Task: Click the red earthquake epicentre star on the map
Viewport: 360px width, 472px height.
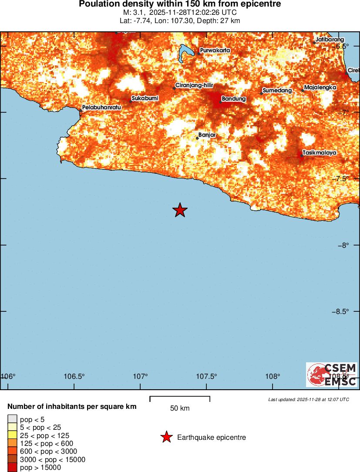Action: (x=180, y=210)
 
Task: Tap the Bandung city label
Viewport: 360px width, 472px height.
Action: (x=234, y=99)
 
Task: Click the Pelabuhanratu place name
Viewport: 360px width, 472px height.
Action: (x=101, y=107)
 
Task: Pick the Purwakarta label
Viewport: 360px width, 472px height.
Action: (x=215, y=51)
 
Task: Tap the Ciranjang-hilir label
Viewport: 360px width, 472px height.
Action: (x=194, y=86)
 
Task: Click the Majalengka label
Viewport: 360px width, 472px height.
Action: (x=320, y=88)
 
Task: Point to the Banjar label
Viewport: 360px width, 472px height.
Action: (x=207, y=135)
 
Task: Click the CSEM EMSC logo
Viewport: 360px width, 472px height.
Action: (x=332, y=374)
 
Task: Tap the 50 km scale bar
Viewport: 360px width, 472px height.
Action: (x=180, y=398)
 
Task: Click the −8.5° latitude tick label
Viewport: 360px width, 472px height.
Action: (x=340, y=311)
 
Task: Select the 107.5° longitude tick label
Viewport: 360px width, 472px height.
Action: (x=206, y=376)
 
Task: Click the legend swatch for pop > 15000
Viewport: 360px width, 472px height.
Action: (x=12, y=468)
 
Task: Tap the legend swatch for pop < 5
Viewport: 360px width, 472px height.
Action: (x=12, y=420)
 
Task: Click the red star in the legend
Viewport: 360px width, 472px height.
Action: (x=166, y=437)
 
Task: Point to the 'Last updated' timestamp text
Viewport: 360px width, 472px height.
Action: (x=309, y=399)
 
